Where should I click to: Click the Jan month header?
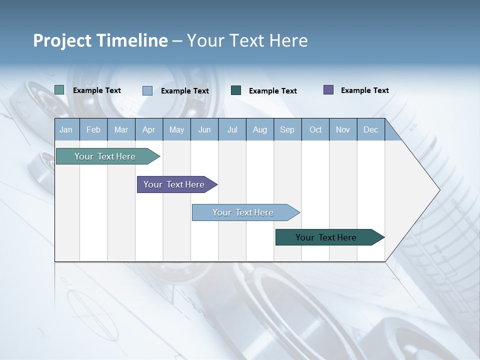(x=66, y=129)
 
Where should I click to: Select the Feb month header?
(x=93, y=129)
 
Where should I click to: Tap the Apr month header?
(x=148, y=129)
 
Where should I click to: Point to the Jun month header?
(x=204, y=129)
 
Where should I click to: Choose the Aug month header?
(x=259, y=129)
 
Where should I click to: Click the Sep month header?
(x=287, y=129)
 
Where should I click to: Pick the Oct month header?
(x=315, y=129)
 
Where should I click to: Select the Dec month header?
(x=370, y=129)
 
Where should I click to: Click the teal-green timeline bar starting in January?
(x=105, y=156)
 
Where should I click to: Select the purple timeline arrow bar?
(x=174, y=184)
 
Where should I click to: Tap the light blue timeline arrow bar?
(x=243, y=212)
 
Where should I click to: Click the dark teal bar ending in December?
(x=326, y=237)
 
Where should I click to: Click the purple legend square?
(x=328, y=90)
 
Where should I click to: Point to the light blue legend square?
(x=147, y=90)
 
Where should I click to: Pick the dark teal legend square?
(x=236, y=90)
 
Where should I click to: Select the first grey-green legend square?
(x=59, y=90)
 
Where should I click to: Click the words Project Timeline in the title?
(x=100, y=40)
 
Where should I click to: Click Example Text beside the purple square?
(x=364, y=90)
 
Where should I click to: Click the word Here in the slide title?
(x=288, y=40)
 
